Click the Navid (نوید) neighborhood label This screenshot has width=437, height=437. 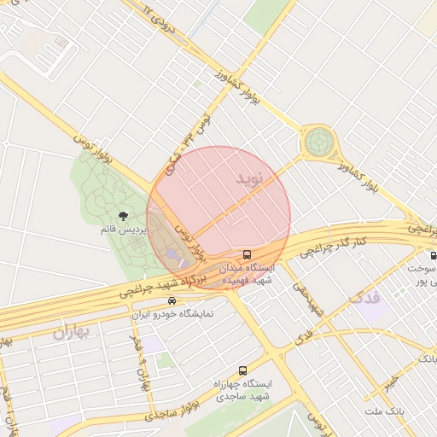pos(253,178)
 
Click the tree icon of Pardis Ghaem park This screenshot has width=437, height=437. pos(124,216)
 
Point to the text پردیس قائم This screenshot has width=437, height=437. pos(125,230)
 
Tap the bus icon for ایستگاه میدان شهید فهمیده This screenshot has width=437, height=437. pos(248,254)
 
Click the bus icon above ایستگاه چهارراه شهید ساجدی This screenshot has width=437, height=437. pos(243,371)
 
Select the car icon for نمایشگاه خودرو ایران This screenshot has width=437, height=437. pos(172,300)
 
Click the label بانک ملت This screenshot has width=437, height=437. pos(382,412)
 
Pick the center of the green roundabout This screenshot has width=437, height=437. pos(319,141)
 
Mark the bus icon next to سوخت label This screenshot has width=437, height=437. pos(434,255)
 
